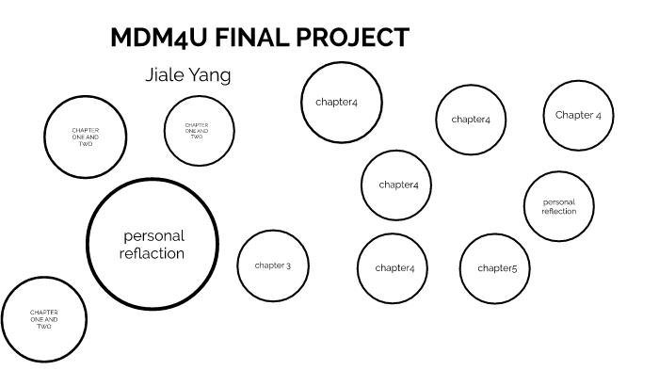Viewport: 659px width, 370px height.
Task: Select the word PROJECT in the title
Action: click(x=362, y=39)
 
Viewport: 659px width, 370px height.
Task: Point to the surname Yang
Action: click(x=209, y=75)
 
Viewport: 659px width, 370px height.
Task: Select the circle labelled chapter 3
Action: click(x=273, y=265)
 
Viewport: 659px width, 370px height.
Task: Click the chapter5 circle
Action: click(x=496, y=268)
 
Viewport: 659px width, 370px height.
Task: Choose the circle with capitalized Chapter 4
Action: click(x=578, y=116)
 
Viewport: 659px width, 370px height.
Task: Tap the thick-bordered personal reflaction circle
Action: click(x=153, y=245)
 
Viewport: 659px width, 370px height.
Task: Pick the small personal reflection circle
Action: click(x=559, y=207)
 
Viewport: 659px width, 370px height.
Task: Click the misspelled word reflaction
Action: click(x=153, y=254)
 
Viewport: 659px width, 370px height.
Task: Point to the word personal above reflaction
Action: click(x=153, y=235)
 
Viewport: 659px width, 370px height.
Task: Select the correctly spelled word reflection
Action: click(x=559, y=212)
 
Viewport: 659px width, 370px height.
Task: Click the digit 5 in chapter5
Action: click(x=514, y=268)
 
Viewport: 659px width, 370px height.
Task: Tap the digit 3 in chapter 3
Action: click(x=288, y=265)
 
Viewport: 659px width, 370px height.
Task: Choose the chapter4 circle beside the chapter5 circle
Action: click(x=394, y=268)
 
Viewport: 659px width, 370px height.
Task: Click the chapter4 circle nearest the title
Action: click(x=336, y=102)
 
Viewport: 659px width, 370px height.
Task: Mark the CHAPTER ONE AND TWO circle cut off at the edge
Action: click(x=44, y=320)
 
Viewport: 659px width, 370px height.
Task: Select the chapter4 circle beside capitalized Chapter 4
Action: click(x=471, y=120)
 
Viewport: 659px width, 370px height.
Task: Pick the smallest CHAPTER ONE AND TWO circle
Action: click(x=197, y=130)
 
